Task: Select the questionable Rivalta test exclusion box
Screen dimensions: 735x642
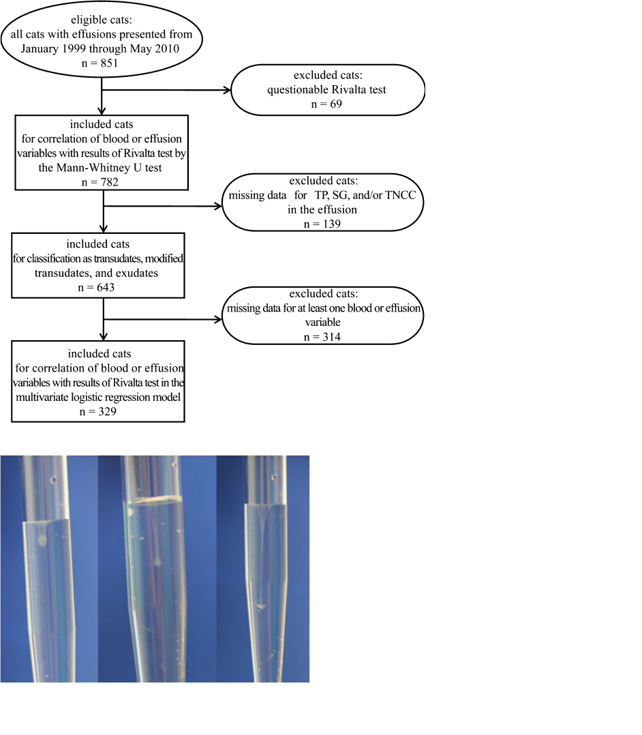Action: tap(328, 89)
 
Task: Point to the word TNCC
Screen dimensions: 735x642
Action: tap(405, 196)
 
